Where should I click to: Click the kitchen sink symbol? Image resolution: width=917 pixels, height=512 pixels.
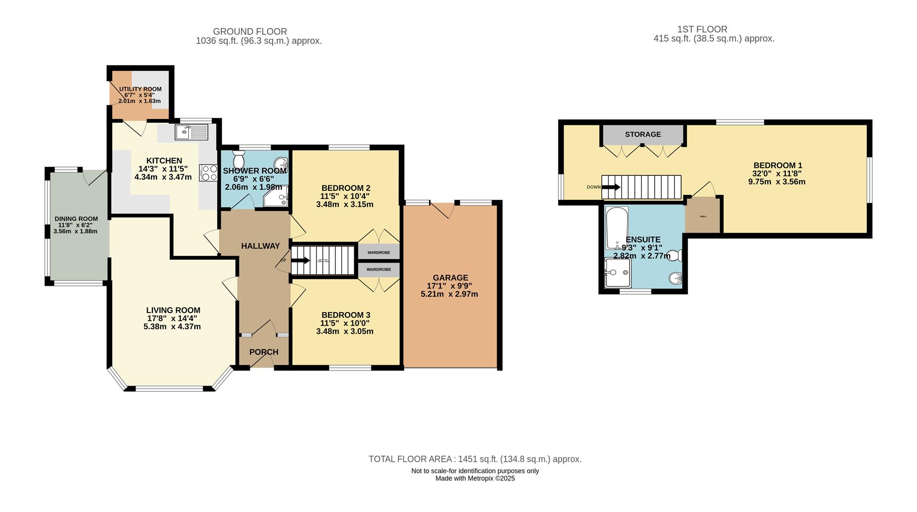pos(191,132)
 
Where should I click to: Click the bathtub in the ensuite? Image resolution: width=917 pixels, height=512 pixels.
pos(617,228)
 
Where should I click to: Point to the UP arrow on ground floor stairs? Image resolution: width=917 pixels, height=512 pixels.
pos(300,261)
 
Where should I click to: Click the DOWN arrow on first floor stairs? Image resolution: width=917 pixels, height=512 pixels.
pos(611,187)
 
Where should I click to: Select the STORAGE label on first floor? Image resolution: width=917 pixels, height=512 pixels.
pos(643,134)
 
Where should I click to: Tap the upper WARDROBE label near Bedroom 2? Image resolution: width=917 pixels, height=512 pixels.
pos(378,252)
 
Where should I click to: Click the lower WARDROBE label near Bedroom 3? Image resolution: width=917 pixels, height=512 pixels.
pos(378,270)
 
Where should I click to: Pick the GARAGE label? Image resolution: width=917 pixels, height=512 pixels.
pos(450,278)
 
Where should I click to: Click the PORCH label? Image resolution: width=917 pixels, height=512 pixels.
pos(264,352)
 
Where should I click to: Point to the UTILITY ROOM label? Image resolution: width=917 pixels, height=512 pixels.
pos(140,89)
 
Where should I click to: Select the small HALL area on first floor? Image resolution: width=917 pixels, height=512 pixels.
pos(703,216)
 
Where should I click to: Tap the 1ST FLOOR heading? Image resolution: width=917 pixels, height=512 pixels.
pos(702,29)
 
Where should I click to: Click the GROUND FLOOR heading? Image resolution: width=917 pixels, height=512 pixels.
pos(250,32)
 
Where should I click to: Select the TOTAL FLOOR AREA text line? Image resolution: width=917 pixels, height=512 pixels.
pos(475,459)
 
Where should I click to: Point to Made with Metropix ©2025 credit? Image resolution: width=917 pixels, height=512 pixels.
pos(475,478)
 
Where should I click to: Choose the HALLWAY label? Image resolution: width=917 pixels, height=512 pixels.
pos(260,246)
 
